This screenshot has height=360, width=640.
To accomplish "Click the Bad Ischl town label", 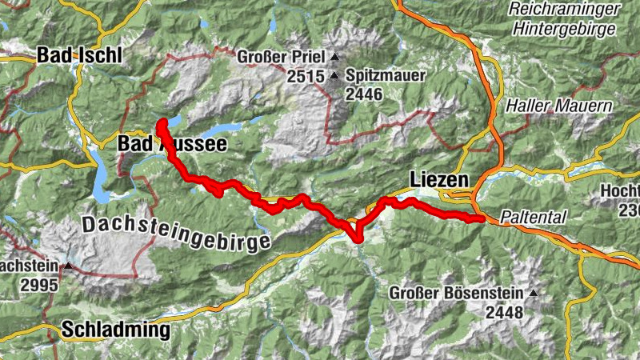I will pos(78,57).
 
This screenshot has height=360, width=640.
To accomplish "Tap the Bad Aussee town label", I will pos(172,143).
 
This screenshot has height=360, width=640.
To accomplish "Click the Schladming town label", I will pos(116,329).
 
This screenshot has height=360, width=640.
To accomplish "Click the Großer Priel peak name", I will pos(281,58).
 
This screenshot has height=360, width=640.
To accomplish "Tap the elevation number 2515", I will pos(307,77).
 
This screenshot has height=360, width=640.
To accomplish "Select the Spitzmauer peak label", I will pos(386,77).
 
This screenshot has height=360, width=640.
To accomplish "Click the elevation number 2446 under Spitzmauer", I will pos(365,94).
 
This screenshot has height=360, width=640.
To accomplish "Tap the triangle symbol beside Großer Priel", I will pos(334,58).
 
